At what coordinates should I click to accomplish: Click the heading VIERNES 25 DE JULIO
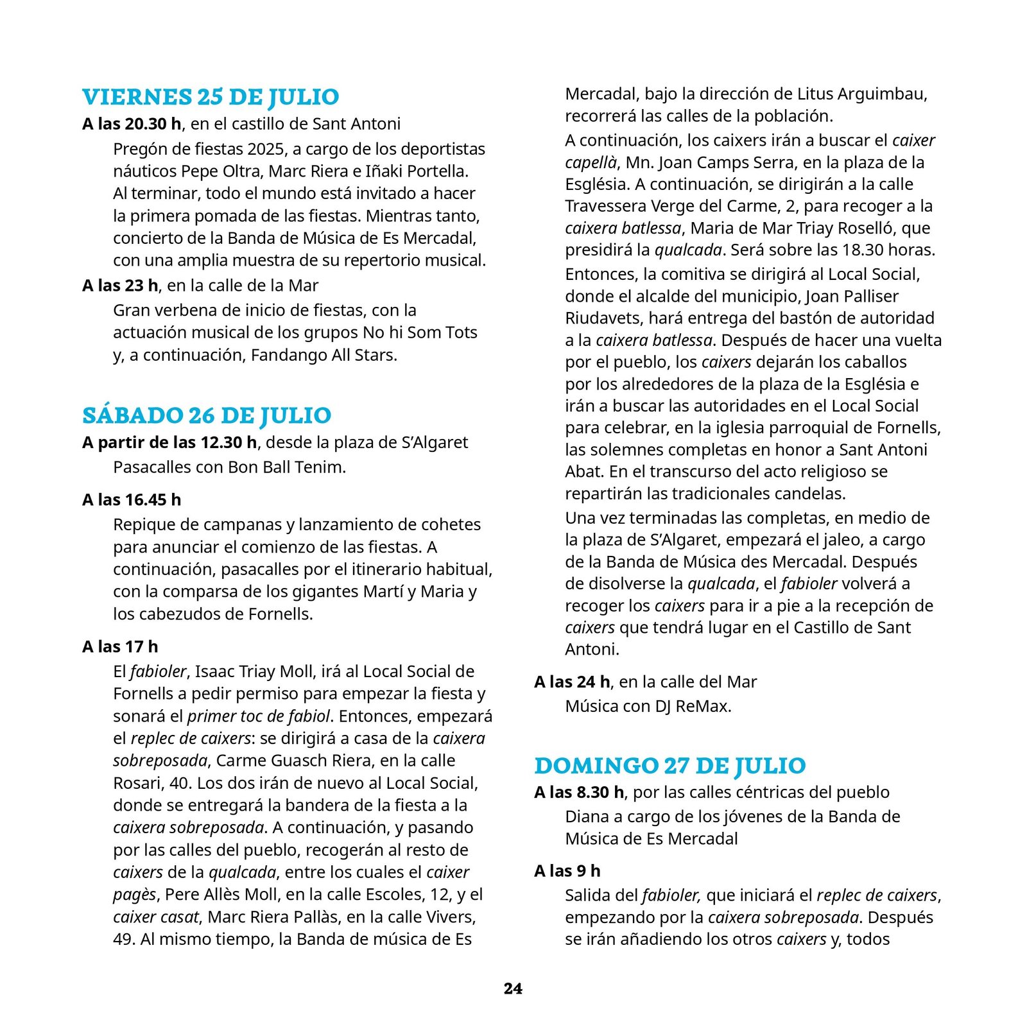[211, 97]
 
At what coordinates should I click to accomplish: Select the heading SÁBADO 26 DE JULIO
[207, 416]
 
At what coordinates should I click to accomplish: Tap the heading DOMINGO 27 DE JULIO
[669, 766]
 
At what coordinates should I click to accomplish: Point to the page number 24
[513, 988]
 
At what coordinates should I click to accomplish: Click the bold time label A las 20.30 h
[132, 124]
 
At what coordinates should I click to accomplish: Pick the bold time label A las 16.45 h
[132, 500]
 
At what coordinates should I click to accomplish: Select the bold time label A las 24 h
[572, 682]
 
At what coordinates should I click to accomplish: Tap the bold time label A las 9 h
[567, 871]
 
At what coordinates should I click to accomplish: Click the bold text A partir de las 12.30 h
[169, 443]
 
